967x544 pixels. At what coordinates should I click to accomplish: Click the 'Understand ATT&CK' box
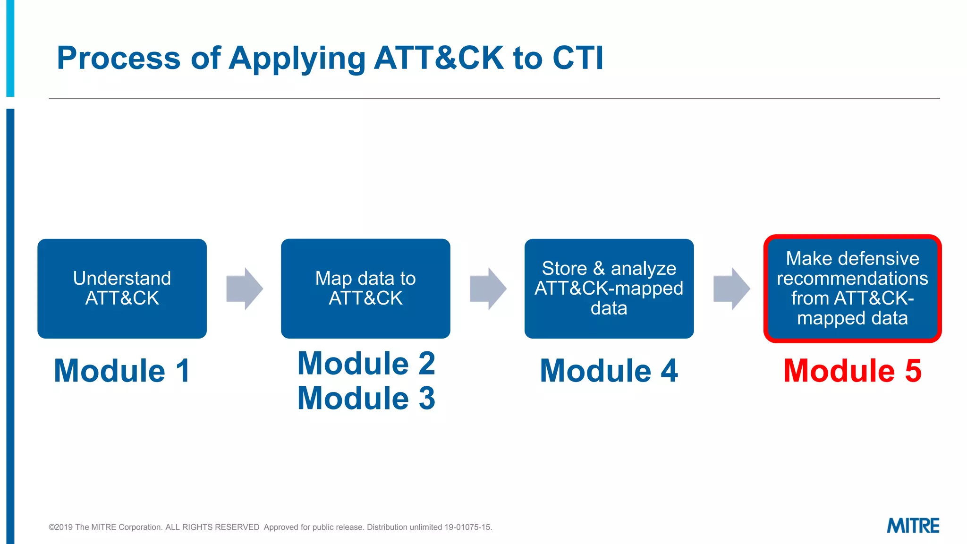tap(122, 289)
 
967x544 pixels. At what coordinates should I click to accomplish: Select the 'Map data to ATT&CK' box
tap(365, 289)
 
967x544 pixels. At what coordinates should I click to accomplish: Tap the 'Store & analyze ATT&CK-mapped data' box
tap(609, 289)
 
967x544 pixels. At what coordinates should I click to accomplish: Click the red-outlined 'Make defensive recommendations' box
tap(852, 289)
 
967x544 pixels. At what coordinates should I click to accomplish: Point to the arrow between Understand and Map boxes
tap(244, 289)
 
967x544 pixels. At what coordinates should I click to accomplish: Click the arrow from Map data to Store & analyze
tap(488, 289)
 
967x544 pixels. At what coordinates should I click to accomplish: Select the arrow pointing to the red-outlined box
tap(731, 289)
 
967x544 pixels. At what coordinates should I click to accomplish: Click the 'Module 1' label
tap(122, 371)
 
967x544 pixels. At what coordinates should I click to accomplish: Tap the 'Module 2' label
tap(366, 364)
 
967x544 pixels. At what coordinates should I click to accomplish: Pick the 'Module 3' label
tap(366, 398)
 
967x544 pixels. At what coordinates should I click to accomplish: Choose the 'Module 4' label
tap(609, 371)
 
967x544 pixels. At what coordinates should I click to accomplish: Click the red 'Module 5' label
tap(852, 371)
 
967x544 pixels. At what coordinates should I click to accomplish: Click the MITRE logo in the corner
tap(913, 526)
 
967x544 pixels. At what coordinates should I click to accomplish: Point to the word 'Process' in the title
tap(119, 58)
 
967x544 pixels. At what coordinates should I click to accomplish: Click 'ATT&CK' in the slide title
tap(439, 58)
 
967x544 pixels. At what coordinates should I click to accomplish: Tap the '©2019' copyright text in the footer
tap(60, 527)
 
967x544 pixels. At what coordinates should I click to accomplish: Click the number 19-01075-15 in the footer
tap(467, 527)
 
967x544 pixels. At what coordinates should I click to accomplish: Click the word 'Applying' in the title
tap(297, 59)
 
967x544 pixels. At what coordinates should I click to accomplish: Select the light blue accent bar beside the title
tap(10, 47)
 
